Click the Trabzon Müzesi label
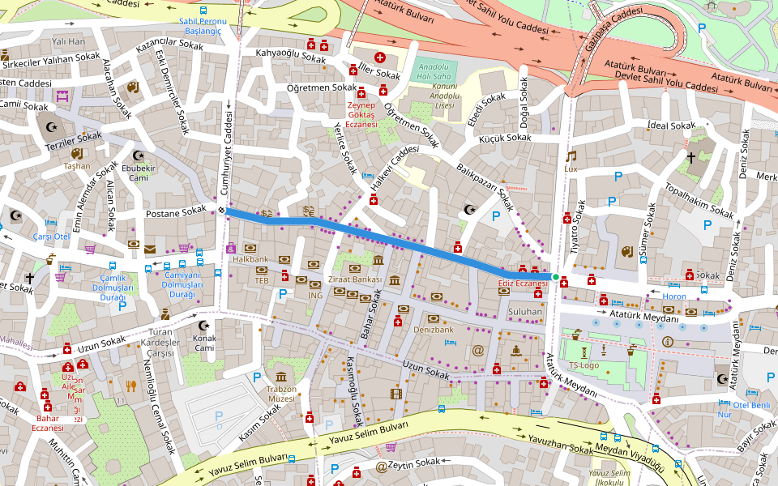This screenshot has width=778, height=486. click(280, 394)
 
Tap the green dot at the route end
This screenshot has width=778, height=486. click(555, 278)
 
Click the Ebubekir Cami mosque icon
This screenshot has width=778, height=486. click(138, 155)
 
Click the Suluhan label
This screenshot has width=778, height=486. click(524, 311)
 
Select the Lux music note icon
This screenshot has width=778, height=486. click(571, 156)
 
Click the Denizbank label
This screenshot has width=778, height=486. click(433, 330)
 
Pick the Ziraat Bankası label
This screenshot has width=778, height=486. click(354, 279)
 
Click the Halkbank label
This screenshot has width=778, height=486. click(250, 259)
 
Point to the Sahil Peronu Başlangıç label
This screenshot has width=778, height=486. click(203, 25)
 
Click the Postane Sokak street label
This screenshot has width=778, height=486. click(176, 211)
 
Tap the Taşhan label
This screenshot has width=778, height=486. click(77, 165)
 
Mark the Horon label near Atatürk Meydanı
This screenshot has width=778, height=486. click(673, 296)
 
